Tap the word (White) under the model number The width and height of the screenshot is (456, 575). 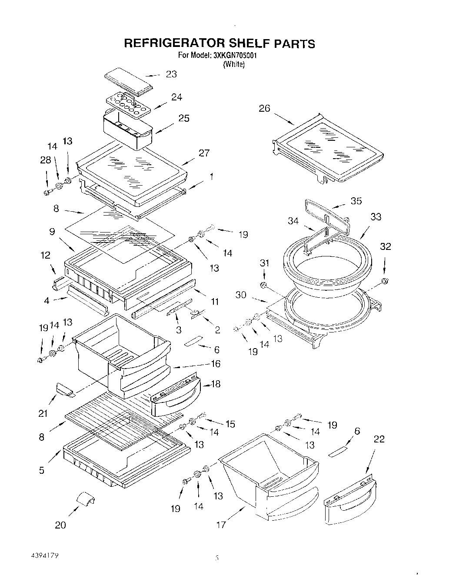click(234, 64)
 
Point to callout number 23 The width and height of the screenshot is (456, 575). click(171, 74)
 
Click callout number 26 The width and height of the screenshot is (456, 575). click(264, 108)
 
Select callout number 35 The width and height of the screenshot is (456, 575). click(356, 201)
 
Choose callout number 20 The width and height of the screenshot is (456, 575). click(60, 525)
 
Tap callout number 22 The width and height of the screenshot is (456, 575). click(379, 439)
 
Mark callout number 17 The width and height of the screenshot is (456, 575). click(221, 525)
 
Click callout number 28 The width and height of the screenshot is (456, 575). click(45, 161)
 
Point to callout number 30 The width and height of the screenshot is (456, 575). click(241, 295)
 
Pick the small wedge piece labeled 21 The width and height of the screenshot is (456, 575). click(64, 389)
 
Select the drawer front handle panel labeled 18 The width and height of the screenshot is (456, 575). click(175, 396)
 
